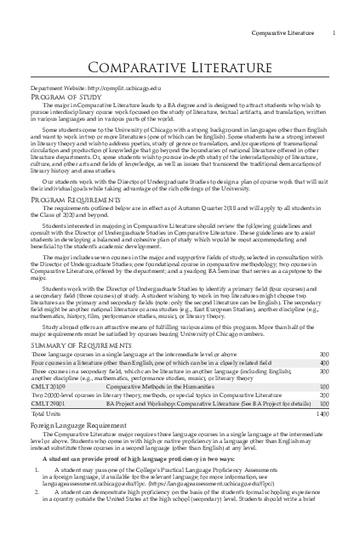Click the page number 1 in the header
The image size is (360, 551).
[x=334, y=33]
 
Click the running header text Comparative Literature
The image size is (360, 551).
[x=286, y=33]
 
